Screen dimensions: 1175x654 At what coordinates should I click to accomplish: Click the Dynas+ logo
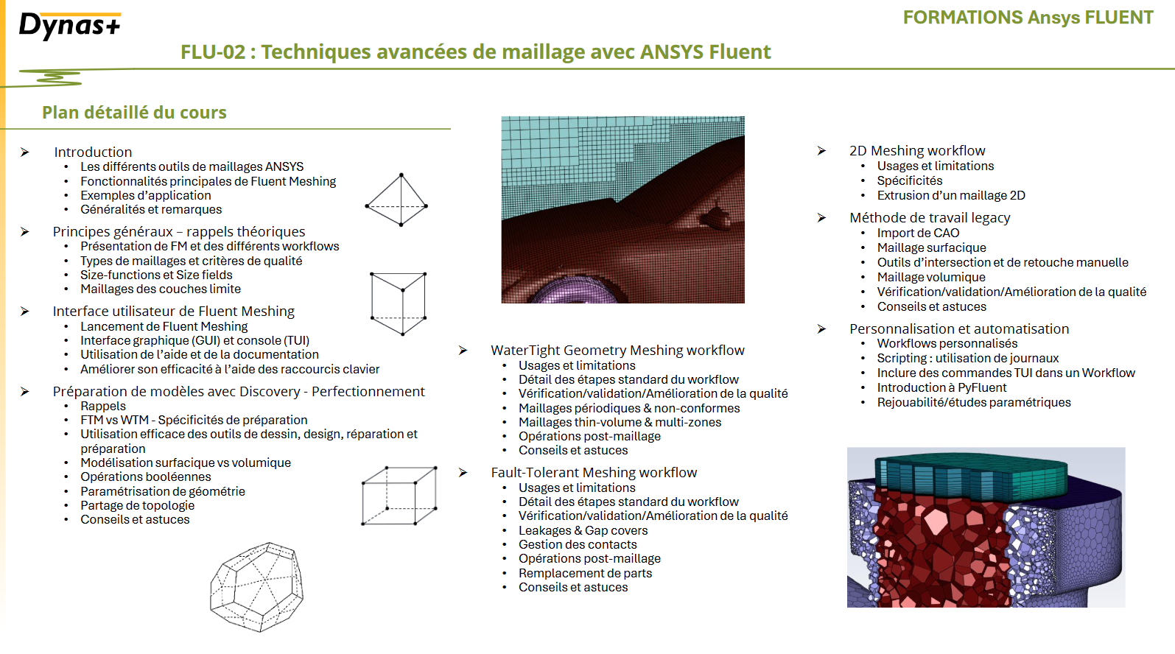point(69,25)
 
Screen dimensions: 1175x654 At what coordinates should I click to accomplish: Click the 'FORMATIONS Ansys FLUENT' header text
point(1028,17)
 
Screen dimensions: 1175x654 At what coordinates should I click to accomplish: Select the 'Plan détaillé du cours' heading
point(134,112)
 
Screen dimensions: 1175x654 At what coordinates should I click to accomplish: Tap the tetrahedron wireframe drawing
point(397,200)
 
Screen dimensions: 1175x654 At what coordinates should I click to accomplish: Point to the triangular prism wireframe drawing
point(398,303)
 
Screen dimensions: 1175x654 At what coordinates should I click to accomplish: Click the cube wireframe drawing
point(399,496)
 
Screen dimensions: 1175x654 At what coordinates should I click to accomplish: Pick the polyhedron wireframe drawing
point(256,587)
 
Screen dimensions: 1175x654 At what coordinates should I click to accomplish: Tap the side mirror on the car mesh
point(715,218)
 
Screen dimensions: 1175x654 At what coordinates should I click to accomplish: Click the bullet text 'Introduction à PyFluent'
point(941,387)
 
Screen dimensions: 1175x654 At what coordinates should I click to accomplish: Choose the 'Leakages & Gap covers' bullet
point(583,530)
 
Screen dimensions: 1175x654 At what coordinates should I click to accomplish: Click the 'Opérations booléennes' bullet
point(145,477)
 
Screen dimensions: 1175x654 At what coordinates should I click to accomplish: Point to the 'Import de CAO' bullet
point(918,233)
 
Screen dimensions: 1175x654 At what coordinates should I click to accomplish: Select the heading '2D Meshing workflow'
point(917,150)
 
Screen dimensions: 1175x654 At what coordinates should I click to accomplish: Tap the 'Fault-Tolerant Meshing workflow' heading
point(594,473)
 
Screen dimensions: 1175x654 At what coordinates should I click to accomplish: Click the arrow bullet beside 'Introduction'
point(24,152)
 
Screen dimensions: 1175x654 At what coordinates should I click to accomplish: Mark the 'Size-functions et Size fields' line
point(155,275)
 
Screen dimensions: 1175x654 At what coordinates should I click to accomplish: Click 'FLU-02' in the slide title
point(213,52)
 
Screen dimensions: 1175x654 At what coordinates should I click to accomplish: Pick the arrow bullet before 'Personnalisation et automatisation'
point(821,328)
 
